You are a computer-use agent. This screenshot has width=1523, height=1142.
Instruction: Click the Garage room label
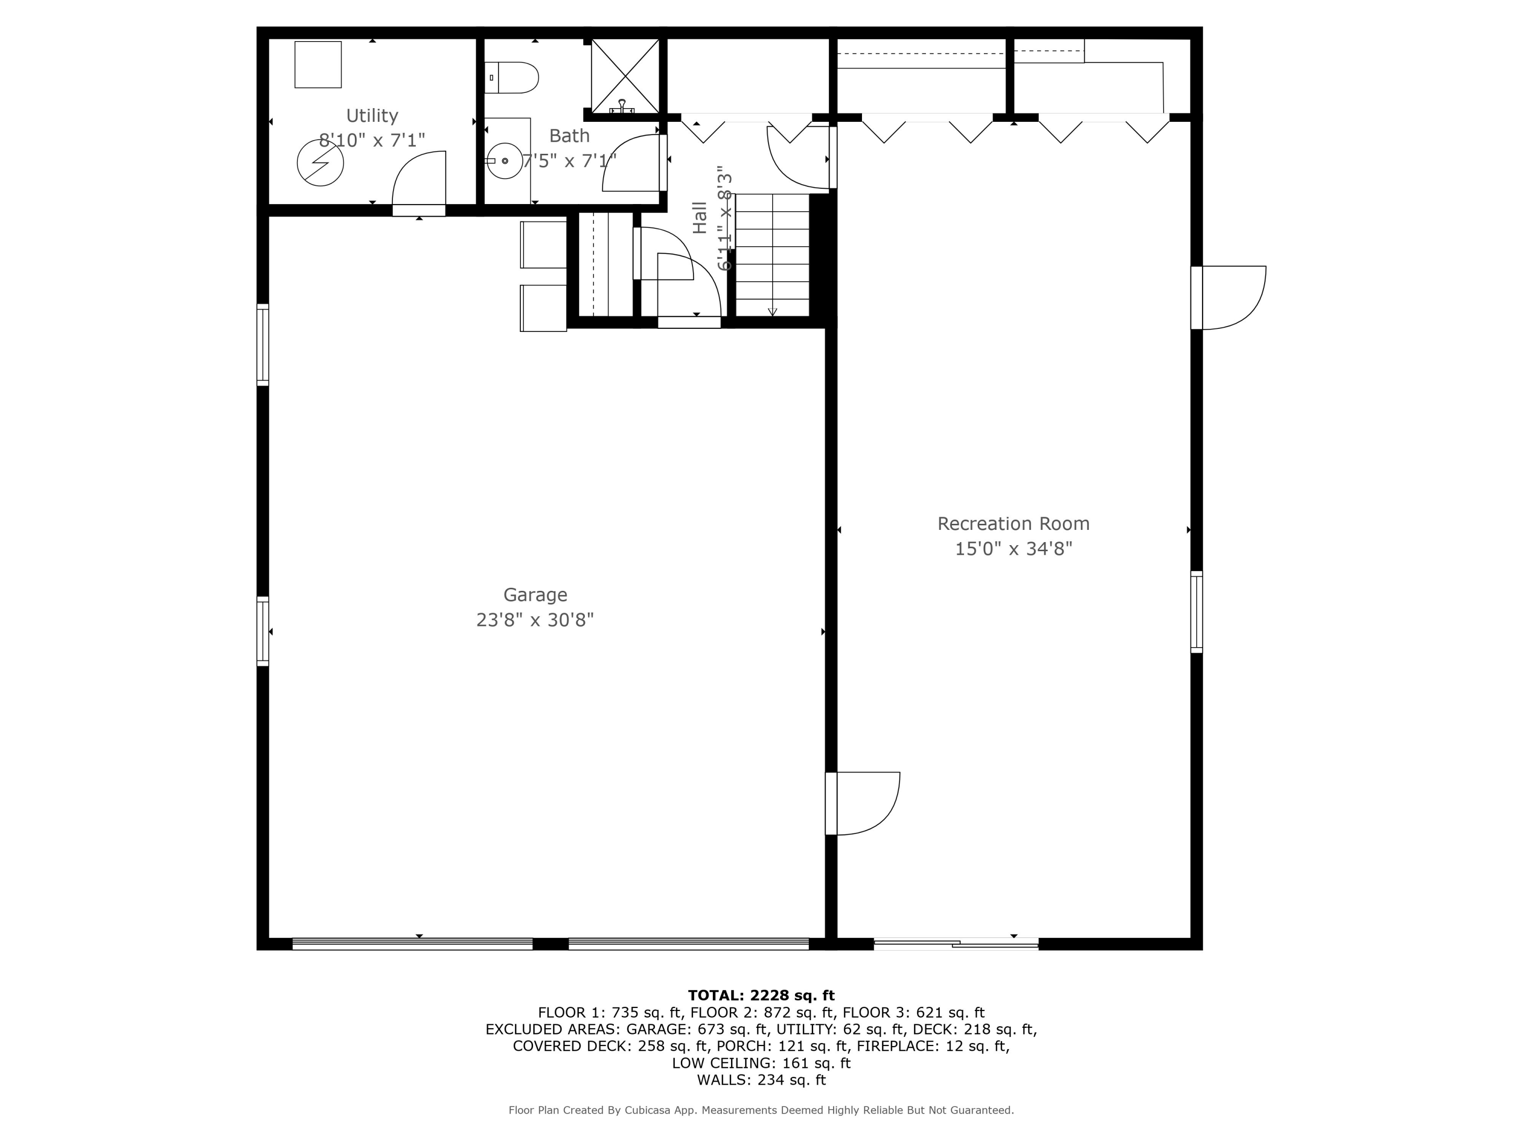tap(535, 595)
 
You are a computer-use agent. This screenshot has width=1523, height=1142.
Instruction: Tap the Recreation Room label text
tap(1013, 524)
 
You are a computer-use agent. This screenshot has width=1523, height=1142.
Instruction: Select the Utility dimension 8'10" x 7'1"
tap(372, 141)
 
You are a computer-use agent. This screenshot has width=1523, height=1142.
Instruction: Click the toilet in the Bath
tap(512, 78)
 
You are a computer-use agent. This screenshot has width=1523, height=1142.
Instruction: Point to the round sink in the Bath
tap(505, 161)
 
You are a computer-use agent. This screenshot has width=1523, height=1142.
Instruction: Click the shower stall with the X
tap(625, 76)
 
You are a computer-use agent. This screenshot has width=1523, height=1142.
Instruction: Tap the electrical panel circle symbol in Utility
tap(320, 163)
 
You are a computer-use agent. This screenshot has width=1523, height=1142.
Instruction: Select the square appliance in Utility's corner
tap(318, 64)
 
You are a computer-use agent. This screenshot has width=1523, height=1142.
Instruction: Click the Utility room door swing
tap(420, 179)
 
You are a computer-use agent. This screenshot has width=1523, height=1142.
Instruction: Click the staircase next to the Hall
tap(772, 255)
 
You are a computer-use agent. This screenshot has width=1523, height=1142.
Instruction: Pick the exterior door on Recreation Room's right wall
tap(1230, 297)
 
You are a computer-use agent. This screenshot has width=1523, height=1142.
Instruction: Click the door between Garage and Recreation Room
tap(864, 803)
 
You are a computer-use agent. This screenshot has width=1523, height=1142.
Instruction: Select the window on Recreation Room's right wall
tap(1197, 612)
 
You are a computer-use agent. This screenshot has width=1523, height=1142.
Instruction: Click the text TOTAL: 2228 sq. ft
tap(761, 995)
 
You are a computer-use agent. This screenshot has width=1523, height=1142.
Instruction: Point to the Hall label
tap(700, 218)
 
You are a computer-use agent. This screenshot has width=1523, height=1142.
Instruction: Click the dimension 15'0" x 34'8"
tap(1013, 549)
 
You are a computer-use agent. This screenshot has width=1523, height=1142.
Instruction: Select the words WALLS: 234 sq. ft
tap(761, 1080)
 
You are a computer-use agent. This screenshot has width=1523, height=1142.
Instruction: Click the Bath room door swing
tap(632, 164)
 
